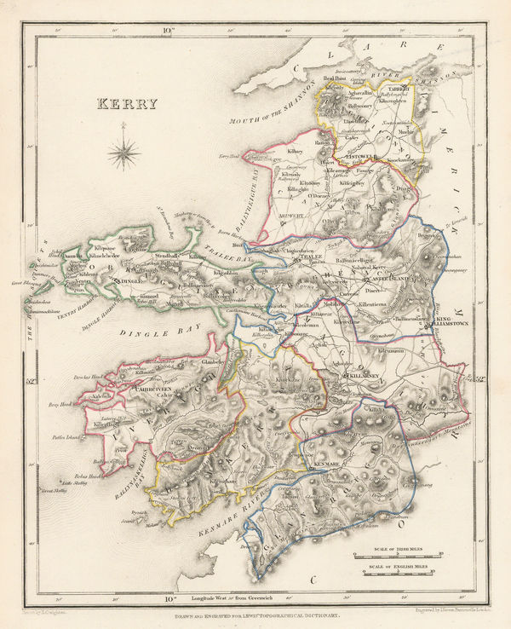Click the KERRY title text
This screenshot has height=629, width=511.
pyautogui.click(x=129, y=104)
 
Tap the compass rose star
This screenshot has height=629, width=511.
pyautogui.click(x=125, y=153)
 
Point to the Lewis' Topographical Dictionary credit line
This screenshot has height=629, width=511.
pyautogui.click(x=255, y=615)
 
